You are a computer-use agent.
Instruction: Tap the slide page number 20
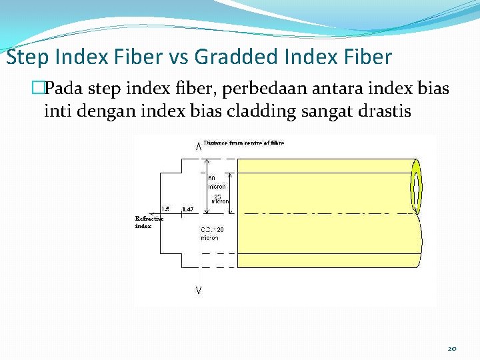pyautogui.click(x=451, y=348)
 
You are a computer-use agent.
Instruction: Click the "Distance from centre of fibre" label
pyautogui.click(x=244, y=143)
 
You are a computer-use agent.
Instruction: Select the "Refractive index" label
pyautogui.click(x=149, y=222)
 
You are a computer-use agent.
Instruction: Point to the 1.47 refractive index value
pyautogui.click(x=187, y=209)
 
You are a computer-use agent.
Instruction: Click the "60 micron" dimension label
pyautogui.click(x=216, y=182)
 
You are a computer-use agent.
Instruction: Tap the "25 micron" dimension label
pyautogui.click(x=219, y=198)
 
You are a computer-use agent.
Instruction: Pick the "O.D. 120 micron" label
pyautogui.click(x=211, y=233)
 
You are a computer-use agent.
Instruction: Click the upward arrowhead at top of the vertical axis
pyautogui.click(x=199, y=146)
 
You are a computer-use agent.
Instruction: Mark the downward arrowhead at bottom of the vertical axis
pyautogui.click(x=199, y=290)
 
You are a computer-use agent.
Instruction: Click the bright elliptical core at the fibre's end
pyautogui.click(x=417, y=189)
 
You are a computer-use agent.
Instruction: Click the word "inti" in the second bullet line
pyautogui.click(x=57, y=111)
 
